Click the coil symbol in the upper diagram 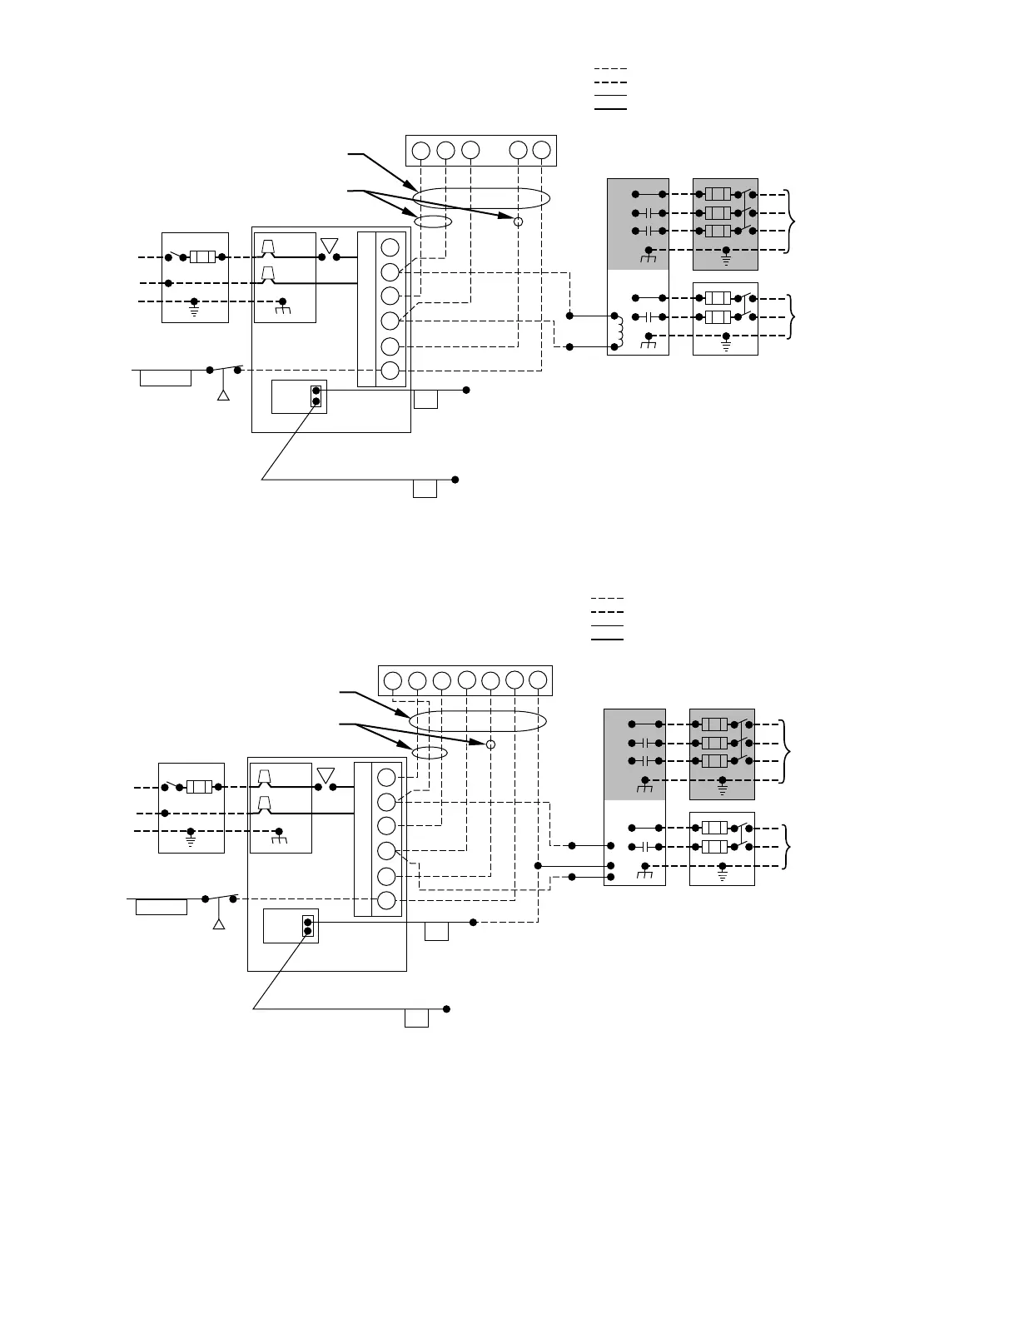coord(619,331)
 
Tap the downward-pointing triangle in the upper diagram coord(329,245)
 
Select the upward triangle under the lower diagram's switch coord(219,924)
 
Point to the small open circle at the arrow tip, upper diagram coord(518,221)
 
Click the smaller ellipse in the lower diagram coord(430,753)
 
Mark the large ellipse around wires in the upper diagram coord(481,199)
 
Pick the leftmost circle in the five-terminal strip coord(421,151)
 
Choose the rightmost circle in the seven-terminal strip coord(538,681)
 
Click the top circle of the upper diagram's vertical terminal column coord(390,247)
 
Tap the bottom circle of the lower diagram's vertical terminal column coord(386,900)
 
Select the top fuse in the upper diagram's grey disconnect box coord(718,195)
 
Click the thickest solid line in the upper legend coord(610,108)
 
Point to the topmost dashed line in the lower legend coord(607,599)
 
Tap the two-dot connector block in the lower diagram coord(308,926)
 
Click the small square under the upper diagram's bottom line coord(425,489)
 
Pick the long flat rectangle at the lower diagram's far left coord(162,907)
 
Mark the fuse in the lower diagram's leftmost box coord(200,787)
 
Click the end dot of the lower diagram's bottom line coord(447,1009)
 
